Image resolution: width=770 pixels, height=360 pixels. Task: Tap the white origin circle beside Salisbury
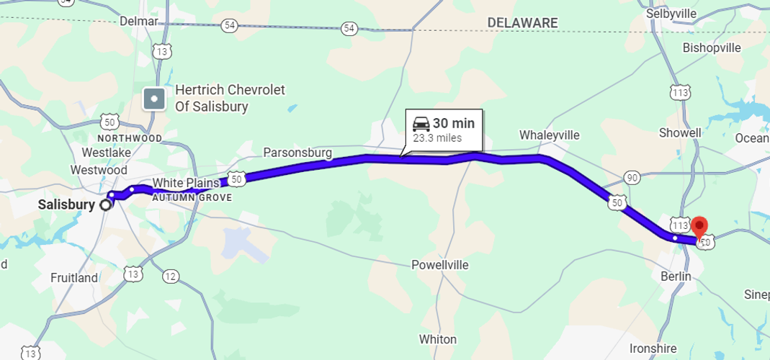pyautogui.click(x=106, y=204)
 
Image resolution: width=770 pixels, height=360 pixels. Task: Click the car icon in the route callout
pyautogui.click(x=421, y=124)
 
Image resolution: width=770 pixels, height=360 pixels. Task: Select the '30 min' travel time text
pyautogui.click(x=454, y=124)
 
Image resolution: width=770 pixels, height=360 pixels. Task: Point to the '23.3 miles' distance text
pyautogui.click(x=437, y=138)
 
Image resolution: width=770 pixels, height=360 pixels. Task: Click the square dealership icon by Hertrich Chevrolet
pyautogui.click(x=153, y=99)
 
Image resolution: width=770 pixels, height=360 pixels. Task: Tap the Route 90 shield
pyautogui.click(x=632, y=178)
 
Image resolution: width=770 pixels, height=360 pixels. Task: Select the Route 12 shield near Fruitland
pyautogui.click(x=170, y=276)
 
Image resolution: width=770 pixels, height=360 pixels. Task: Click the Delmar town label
pyautogui.click(x=138, y=21)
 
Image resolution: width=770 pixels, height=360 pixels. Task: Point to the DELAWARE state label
pyautogui.click(x=522, y=23)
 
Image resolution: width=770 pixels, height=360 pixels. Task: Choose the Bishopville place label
pyautogui.click(x=711, y=48)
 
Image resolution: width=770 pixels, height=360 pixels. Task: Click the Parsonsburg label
pyautogui.click(x=297, y=153)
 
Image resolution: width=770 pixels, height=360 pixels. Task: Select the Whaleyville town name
pyautogui.click(x=549, y=135)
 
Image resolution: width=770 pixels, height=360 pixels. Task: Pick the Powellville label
pyautogui.click(x=439, y=265)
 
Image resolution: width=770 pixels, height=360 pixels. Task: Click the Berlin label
pyautogui.click(x=676, y=276)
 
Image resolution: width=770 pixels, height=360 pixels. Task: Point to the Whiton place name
pyautogui.click(x=437, y=339)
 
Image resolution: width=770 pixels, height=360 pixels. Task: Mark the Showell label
pyautogui.click(x=680, y=133)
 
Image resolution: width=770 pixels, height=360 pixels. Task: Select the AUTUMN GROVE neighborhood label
pyautogui.click(x=192, y=197)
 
